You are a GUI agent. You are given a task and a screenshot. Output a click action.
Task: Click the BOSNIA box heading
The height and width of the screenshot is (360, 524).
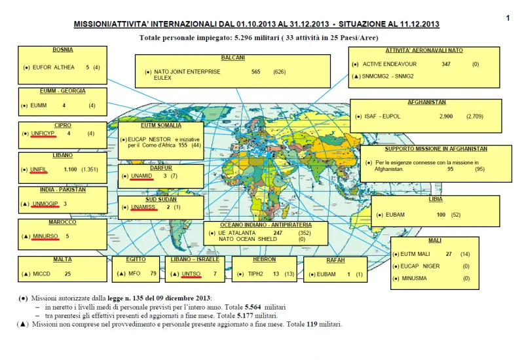(x=63, y=49)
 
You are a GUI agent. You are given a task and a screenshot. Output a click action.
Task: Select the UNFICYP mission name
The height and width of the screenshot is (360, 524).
(x=42, y=134)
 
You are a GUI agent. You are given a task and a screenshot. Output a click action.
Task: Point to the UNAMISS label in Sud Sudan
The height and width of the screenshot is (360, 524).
(x=142, y=207)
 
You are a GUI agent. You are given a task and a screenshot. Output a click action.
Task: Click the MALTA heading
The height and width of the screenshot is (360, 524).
(x=63, y=259)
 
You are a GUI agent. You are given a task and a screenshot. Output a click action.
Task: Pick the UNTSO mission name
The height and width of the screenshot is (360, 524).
(x=192, y=274)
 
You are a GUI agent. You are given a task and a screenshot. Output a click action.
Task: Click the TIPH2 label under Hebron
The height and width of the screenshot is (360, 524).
(x=253, y=274)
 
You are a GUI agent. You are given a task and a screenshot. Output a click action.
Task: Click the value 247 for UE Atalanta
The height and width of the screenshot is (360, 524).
(x=278, y=232)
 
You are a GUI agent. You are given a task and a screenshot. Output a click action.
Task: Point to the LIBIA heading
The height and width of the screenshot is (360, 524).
(x=435, y=198)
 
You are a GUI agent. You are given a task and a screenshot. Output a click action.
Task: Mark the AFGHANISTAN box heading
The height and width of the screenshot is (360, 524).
(x=426, y=103)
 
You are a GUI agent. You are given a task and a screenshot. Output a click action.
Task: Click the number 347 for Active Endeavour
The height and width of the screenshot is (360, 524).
(x=447, y=64)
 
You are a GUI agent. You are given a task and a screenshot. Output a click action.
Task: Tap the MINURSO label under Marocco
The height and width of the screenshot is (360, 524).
(x=45, y=236)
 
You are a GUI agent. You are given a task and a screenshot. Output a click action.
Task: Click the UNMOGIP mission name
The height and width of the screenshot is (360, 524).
(x=45, y=204)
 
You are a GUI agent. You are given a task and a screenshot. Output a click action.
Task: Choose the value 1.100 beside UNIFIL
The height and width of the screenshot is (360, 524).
(x=70, y=170)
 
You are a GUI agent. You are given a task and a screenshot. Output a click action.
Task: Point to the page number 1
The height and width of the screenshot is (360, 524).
(x=508, y=18)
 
